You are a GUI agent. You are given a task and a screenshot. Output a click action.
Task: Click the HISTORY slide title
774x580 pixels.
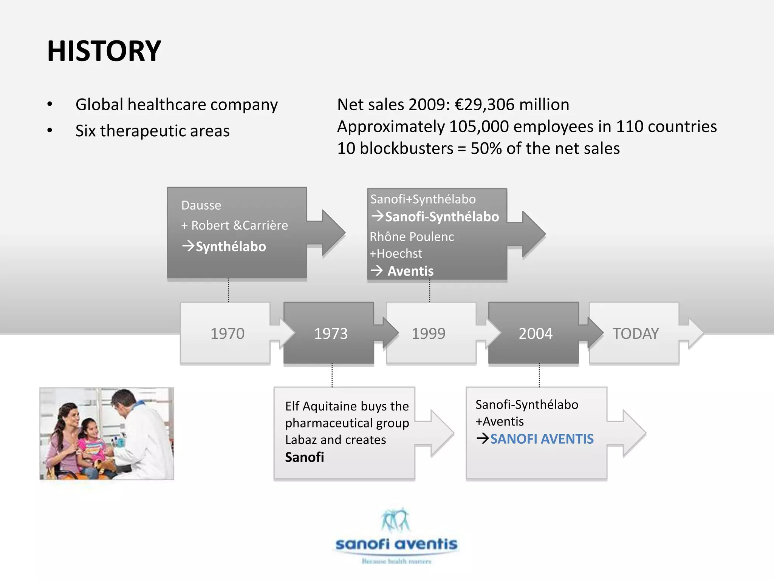(x=104, y=51)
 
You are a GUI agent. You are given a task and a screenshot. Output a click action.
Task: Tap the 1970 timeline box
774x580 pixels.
(x=227, y=333)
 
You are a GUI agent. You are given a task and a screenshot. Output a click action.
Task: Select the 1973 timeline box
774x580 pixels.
(x=331, y=333)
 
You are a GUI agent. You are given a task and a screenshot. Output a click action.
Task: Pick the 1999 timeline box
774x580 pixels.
(x=428, y=333)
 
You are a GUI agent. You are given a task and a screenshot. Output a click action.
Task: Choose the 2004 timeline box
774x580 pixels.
(x=535, y=333)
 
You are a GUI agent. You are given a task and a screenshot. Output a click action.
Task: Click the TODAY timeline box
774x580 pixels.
(x=635, y=333)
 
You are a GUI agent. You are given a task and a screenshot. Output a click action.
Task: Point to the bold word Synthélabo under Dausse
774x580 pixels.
(x=231, y=247)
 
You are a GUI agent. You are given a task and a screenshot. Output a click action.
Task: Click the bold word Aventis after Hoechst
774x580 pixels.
(x=410, y=271)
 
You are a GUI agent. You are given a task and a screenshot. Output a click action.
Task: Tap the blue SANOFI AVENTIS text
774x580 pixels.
(x=542, y=439)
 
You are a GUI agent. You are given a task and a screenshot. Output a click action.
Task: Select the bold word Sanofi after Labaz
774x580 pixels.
(x=304, y=457)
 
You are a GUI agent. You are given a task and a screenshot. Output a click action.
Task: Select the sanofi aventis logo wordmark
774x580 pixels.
(x=396, y=544)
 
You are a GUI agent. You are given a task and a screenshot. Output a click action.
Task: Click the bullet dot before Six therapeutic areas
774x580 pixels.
(x=50, y=131)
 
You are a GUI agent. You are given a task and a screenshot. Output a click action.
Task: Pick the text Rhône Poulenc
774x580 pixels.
(x=412, y=237)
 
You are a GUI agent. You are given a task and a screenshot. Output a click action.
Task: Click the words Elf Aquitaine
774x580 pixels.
(x=316, y=406)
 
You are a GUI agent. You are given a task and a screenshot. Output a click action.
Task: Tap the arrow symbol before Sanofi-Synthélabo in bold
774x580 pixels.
(x=377, y=216)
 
